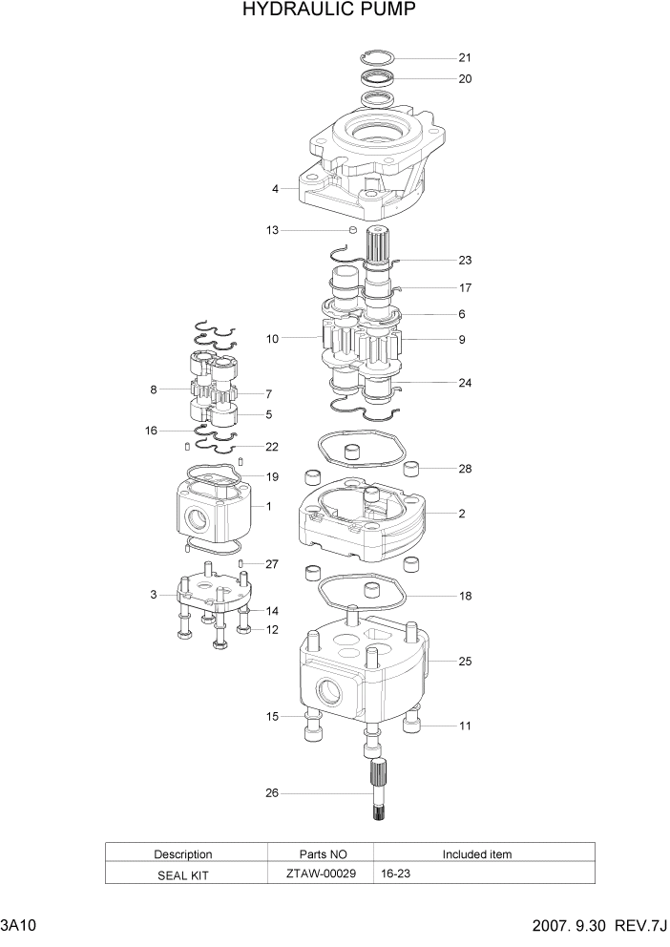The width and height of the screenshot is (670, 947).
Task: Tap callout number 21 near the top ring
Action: click(465, 57)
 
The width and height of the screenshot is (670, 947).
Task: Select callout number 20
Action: click(465, 79)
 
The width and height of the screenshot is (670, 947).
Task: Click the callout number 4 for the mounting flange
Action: click(275, 189)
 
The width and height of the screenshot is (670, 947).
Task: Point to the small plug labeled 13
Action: click(352, 230)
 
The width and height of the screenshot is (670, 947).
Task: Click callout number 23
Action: click(465, 260)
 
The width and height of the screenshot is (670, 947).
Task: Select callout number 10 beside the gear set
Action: click(272, 339)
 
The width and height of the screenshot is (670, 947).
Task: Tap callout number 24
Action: click(465, 383)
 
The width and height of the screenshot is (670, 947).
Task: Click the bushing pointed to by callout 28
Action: click(413, 468)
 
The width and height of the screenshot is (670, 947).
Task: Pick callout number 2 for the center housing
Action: click(461, 514)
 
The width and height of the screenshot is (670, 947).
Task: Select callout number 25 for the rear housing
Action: click(465, 661)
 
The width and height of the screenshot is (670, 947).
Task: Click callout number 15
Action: click(272, 716)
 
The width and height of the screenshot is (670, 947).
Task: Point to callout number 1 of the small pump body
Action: click(268, 506)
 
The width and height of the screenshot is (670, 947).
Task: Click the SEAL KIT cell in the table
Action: click(182, 873)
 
